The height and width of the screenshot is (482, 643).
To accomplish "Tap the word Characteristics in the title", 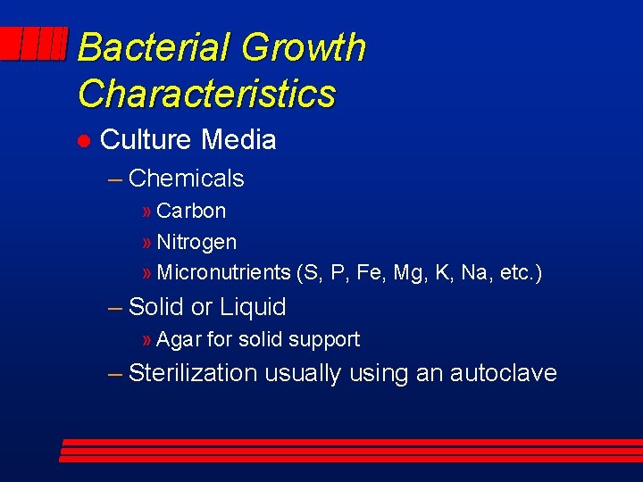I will (x=206, y=94).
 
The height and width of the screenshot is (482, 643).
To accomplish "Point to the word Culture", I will (x=146, y=140).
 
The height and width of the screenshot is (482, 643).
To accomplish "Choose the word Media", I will (x=238, y=140).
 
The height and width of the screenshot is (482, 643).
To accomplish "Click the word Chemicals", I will (x=186, y=179).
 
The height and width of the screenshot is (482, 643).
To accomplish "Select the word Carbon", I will (x=191, y=212).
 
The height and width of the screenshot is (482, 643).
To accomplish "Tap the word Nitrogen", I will (x=196, y=243).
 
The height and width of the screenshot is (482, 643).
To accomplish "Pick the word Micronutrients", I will (x=223, y=273).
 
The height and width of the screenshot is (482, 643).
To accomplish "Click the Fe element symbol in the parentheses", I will (x=367, y=273).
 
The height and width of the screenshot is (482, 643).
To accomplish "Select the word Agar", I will (x=179, y=340).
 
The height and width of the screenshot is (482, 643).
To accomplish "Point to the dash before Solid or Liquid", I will (x=114, y=308).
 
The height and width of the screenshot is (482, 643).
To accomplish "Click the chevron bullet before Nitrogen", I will (x=147, y=243).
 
